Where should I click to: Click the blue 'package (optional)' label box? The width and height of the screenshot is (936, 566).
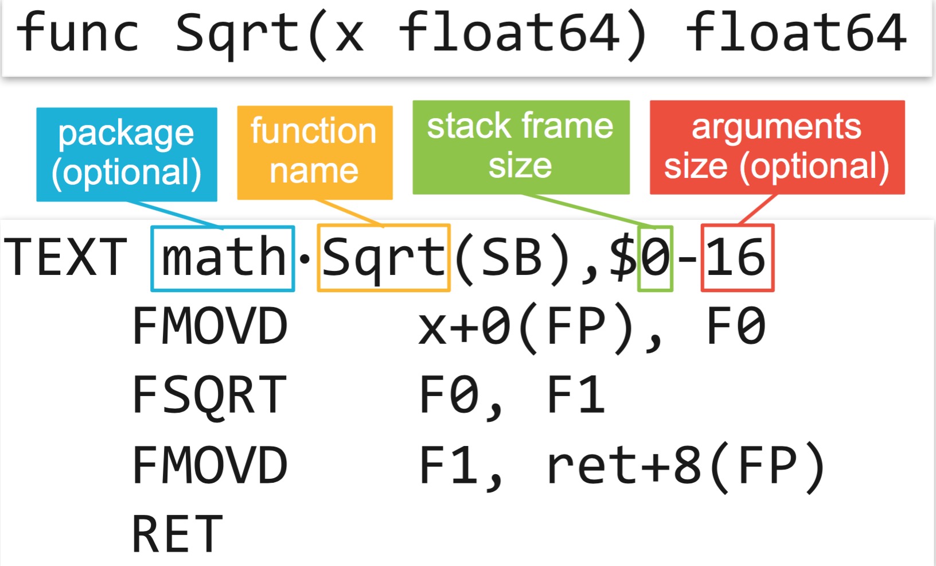[x=126, y=154]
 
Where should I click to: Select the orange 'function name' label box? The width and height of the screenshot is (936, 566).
[x=314, y=152]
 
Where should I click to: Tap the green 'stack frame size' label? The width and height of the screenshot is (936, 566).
[x=520, y=147]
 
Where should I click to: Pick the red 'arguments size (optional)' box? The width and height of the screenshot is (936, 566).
[x=777, y=147]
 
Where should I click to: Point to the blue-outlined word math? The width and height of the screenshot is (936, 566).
[x=223, y=258]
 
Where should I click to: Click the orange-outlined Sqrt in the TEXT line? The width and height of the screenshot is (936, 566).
[x=383, y=258]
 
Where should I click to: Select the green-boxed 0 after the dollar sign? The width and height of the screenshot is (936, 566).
[x=655, y=258]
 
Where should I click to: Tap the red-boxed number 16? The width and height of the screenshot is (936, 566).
[x=736, y=258]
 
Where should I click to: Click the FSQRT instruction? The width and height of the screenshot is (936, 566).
[x=209, y=395]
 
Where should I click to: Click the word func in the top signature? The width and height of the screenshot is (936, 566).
[x=78, y=33]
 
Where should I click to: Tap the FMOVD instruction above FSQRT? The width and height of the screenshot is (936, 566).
[x=209, y=326]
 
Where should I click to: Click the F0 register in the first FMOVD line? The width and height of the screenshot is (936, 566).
[x=736, y=326]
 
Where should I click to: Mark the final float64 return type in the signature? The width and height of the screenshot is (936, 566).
[x=797, y=33]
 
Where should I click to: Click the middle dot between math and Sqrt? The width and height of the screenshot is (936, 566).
[x=305, y=259]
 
